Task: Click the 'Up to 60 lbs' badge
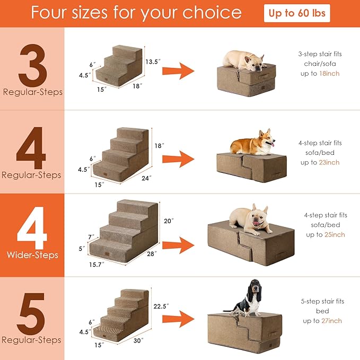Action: point(297,13)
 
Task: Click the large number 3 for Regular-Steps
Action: point(32,66)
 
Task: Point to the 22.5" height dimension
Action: point(160,306)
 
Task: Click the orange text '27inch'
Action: point(330,321)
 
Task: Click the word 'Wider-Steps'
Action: point(32,255)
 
